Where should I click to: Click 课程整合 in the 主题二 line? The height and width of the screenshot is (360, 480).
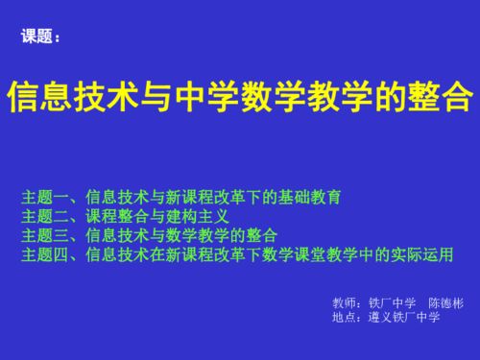click(x=117, y=217)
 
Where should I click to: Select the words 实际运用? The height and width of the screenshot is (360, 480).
click(x=419, y=255)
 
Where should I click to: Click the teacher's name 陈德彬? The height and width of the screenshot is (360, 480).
click(x=445, y=303)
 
